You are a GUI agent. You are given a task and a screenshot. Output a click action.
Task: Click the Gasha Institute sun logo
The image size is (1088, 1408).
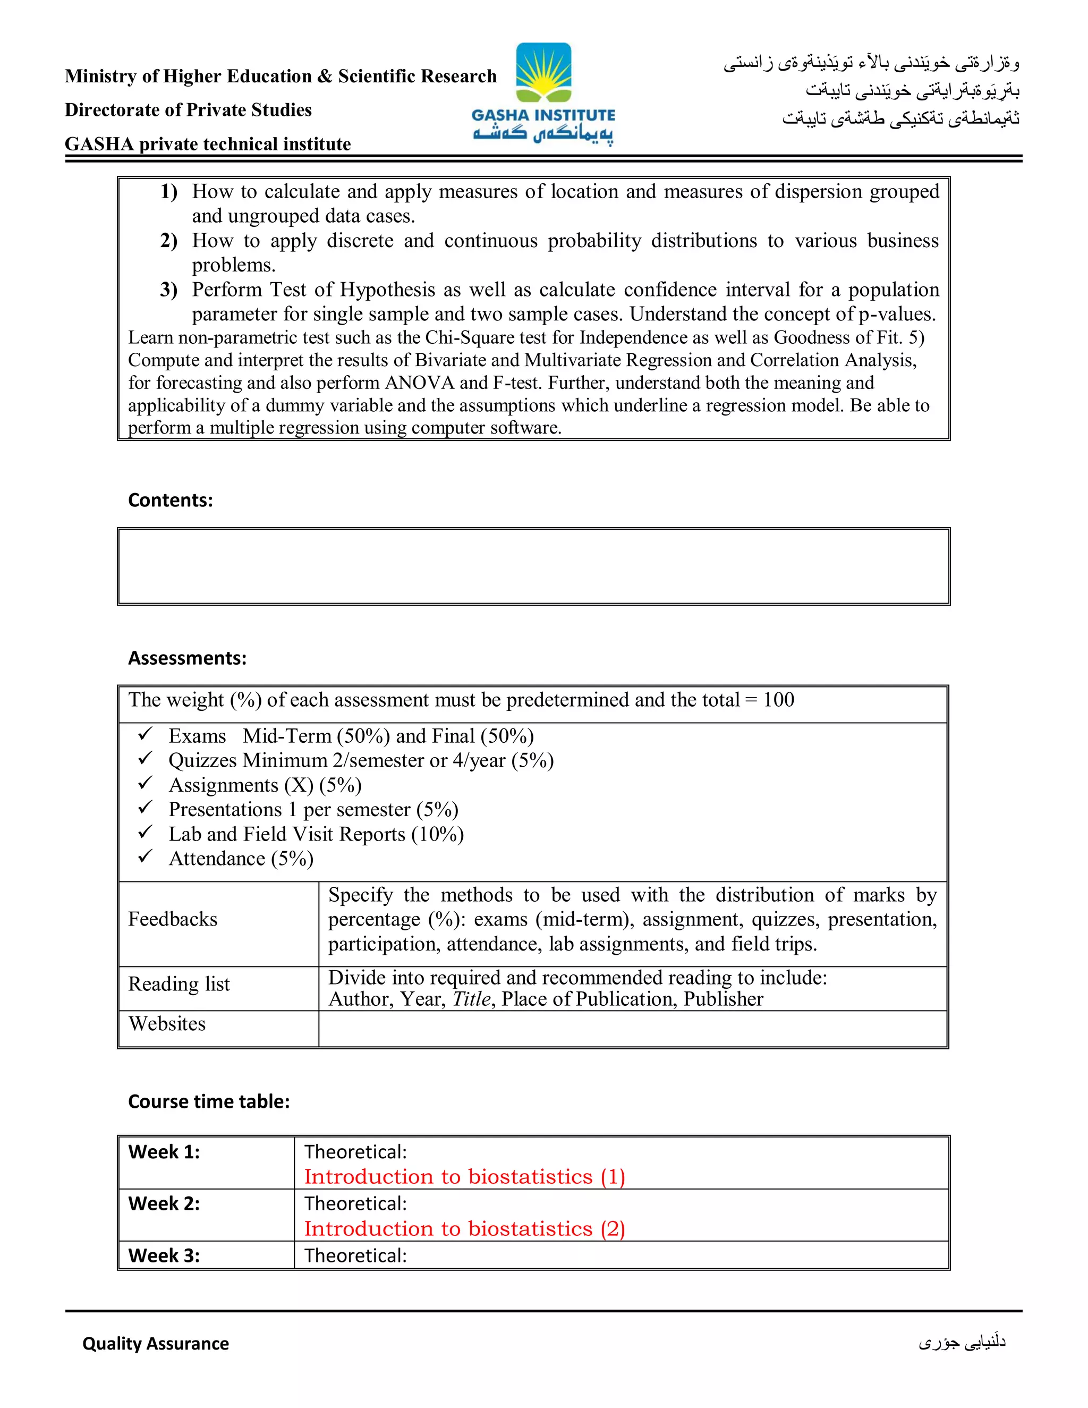543,72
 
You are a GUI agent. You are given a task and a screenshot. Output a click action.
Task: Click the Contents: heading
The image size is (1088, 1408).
170,501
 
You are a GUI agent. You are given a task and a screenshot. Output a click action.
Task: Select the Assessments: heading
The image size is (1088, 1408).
187,658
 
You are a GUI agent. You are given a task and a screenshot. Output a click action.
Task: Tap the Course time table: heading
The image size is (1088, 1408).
209,1101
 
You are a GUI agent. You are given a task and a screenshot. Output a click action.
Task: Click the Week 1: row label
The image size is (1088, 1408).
164,1152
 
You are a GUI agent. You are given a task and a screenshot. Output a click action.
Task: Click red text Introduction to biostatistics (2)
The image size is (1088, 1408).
464,1229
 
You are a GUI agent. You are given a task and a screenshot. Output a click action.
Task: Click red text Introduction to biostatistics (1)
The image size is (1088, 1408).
464,1176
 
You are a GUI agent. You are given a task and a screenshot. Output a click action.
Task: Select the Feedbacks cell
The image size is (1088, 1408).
173,919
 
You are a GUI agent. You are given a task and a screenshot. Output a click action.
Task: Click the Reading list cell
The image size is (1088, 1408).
178,985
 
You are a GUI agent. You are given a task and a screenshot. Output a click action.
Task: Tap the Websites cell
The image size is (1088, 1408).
167,1024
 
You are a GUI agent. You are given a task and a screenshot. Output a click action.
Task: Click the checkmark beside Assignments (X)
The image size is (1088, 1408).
145,783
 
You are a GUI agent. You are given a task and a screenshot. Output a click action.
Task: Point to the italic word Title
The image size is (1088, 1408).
472,999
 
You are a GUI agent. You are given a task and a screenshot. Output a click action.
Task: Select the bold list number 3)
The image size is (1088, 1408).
169,290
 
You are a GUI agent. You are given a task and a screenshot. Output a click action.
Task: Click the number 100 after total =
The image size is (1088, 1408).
779,700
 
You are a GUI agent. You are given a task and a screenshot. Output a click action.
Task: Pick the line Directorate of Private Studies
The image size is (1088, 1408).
188,110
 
